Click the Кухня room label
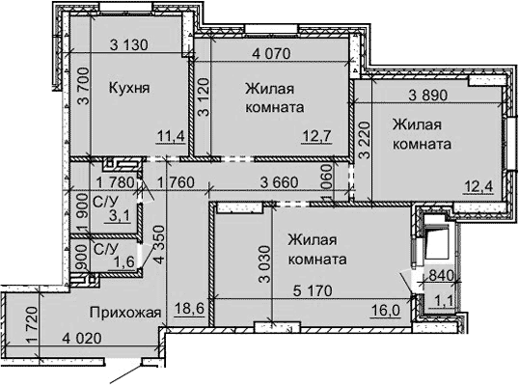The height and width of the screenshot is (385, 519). [x=128, y=87]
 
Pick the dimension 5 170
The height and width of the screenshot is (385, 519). [x=317, y=287]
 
